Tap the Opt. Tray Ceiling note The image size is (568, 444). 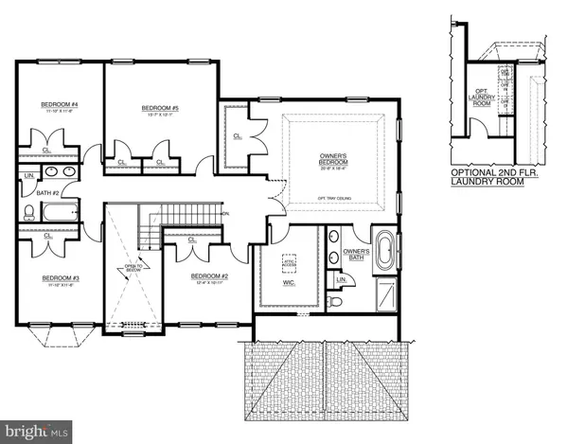(x=332, y=198)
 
